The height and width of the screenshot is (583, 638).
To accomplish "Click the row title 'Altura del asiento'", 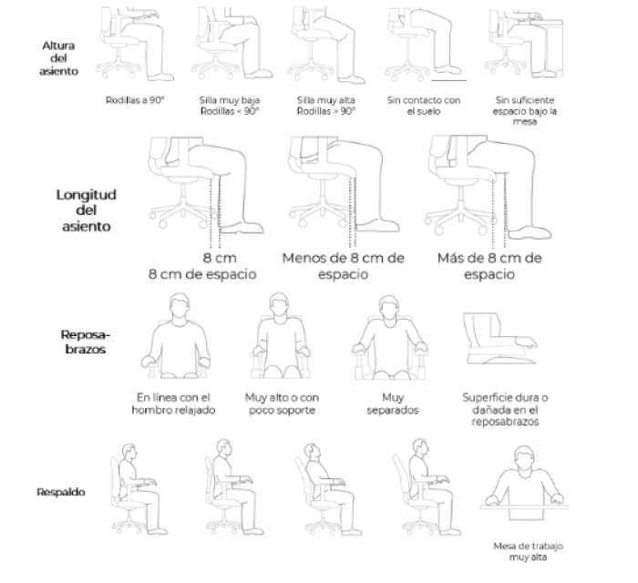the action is [58, 58].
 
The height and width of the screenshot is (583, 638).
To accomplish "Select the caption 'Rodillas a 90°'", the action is [135, 100].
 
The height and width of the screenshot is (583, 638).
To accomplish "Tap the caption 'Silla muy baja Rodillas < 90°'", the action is [230, 106].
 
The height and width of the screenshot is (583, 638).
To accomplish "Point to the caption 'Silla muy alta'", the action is [326, 100].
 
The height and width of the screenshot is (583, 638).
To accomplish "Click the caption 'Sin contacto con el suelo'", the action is [424, 106].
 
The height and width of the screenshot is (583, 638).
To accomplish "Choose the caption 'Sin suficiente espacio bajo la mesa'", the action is [524, 110].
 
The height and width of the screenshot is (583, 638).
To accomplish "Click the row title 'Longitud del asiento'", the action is [87, 210].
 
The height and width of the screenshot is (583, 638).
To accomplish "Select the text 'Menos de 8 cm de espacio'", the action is [343, 266].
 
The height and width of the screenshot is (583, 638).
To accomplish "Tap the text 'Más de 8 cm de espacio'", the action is [489, 266].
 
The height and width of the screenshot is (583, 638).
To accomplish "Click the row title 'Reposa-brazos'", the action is [86, 342].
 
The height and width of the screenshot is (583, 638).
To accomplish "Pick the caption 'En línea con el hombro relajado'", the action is [173, 404].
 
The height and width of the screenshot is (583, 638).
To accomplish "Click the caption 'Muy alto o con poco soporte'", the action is [282, 404].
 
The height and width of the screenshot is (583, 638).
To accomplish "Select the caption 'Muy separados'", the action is [393, 404].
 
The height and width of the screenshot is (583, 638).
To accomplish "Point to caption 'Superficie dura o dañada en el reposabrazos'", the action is [505, 409].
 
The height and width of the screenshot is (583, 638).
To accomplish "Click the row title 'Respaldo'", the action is [61, 492].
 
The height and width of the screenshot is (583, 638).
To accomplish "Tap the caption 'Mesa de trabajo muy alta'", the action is [528, 552].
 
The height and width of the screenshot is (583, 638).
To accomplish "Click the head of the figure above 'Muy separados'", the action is [388, 307].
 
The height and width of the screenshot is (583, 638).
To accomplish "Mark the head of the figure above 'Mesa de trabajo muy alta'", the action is [524, 458].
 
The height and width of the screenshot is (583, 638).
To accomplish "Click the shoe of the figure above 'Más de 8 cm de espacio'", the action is [530, 233].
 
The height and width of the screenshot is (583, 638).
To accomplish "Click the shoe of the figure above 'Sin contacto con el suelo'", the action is [448, 70].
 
